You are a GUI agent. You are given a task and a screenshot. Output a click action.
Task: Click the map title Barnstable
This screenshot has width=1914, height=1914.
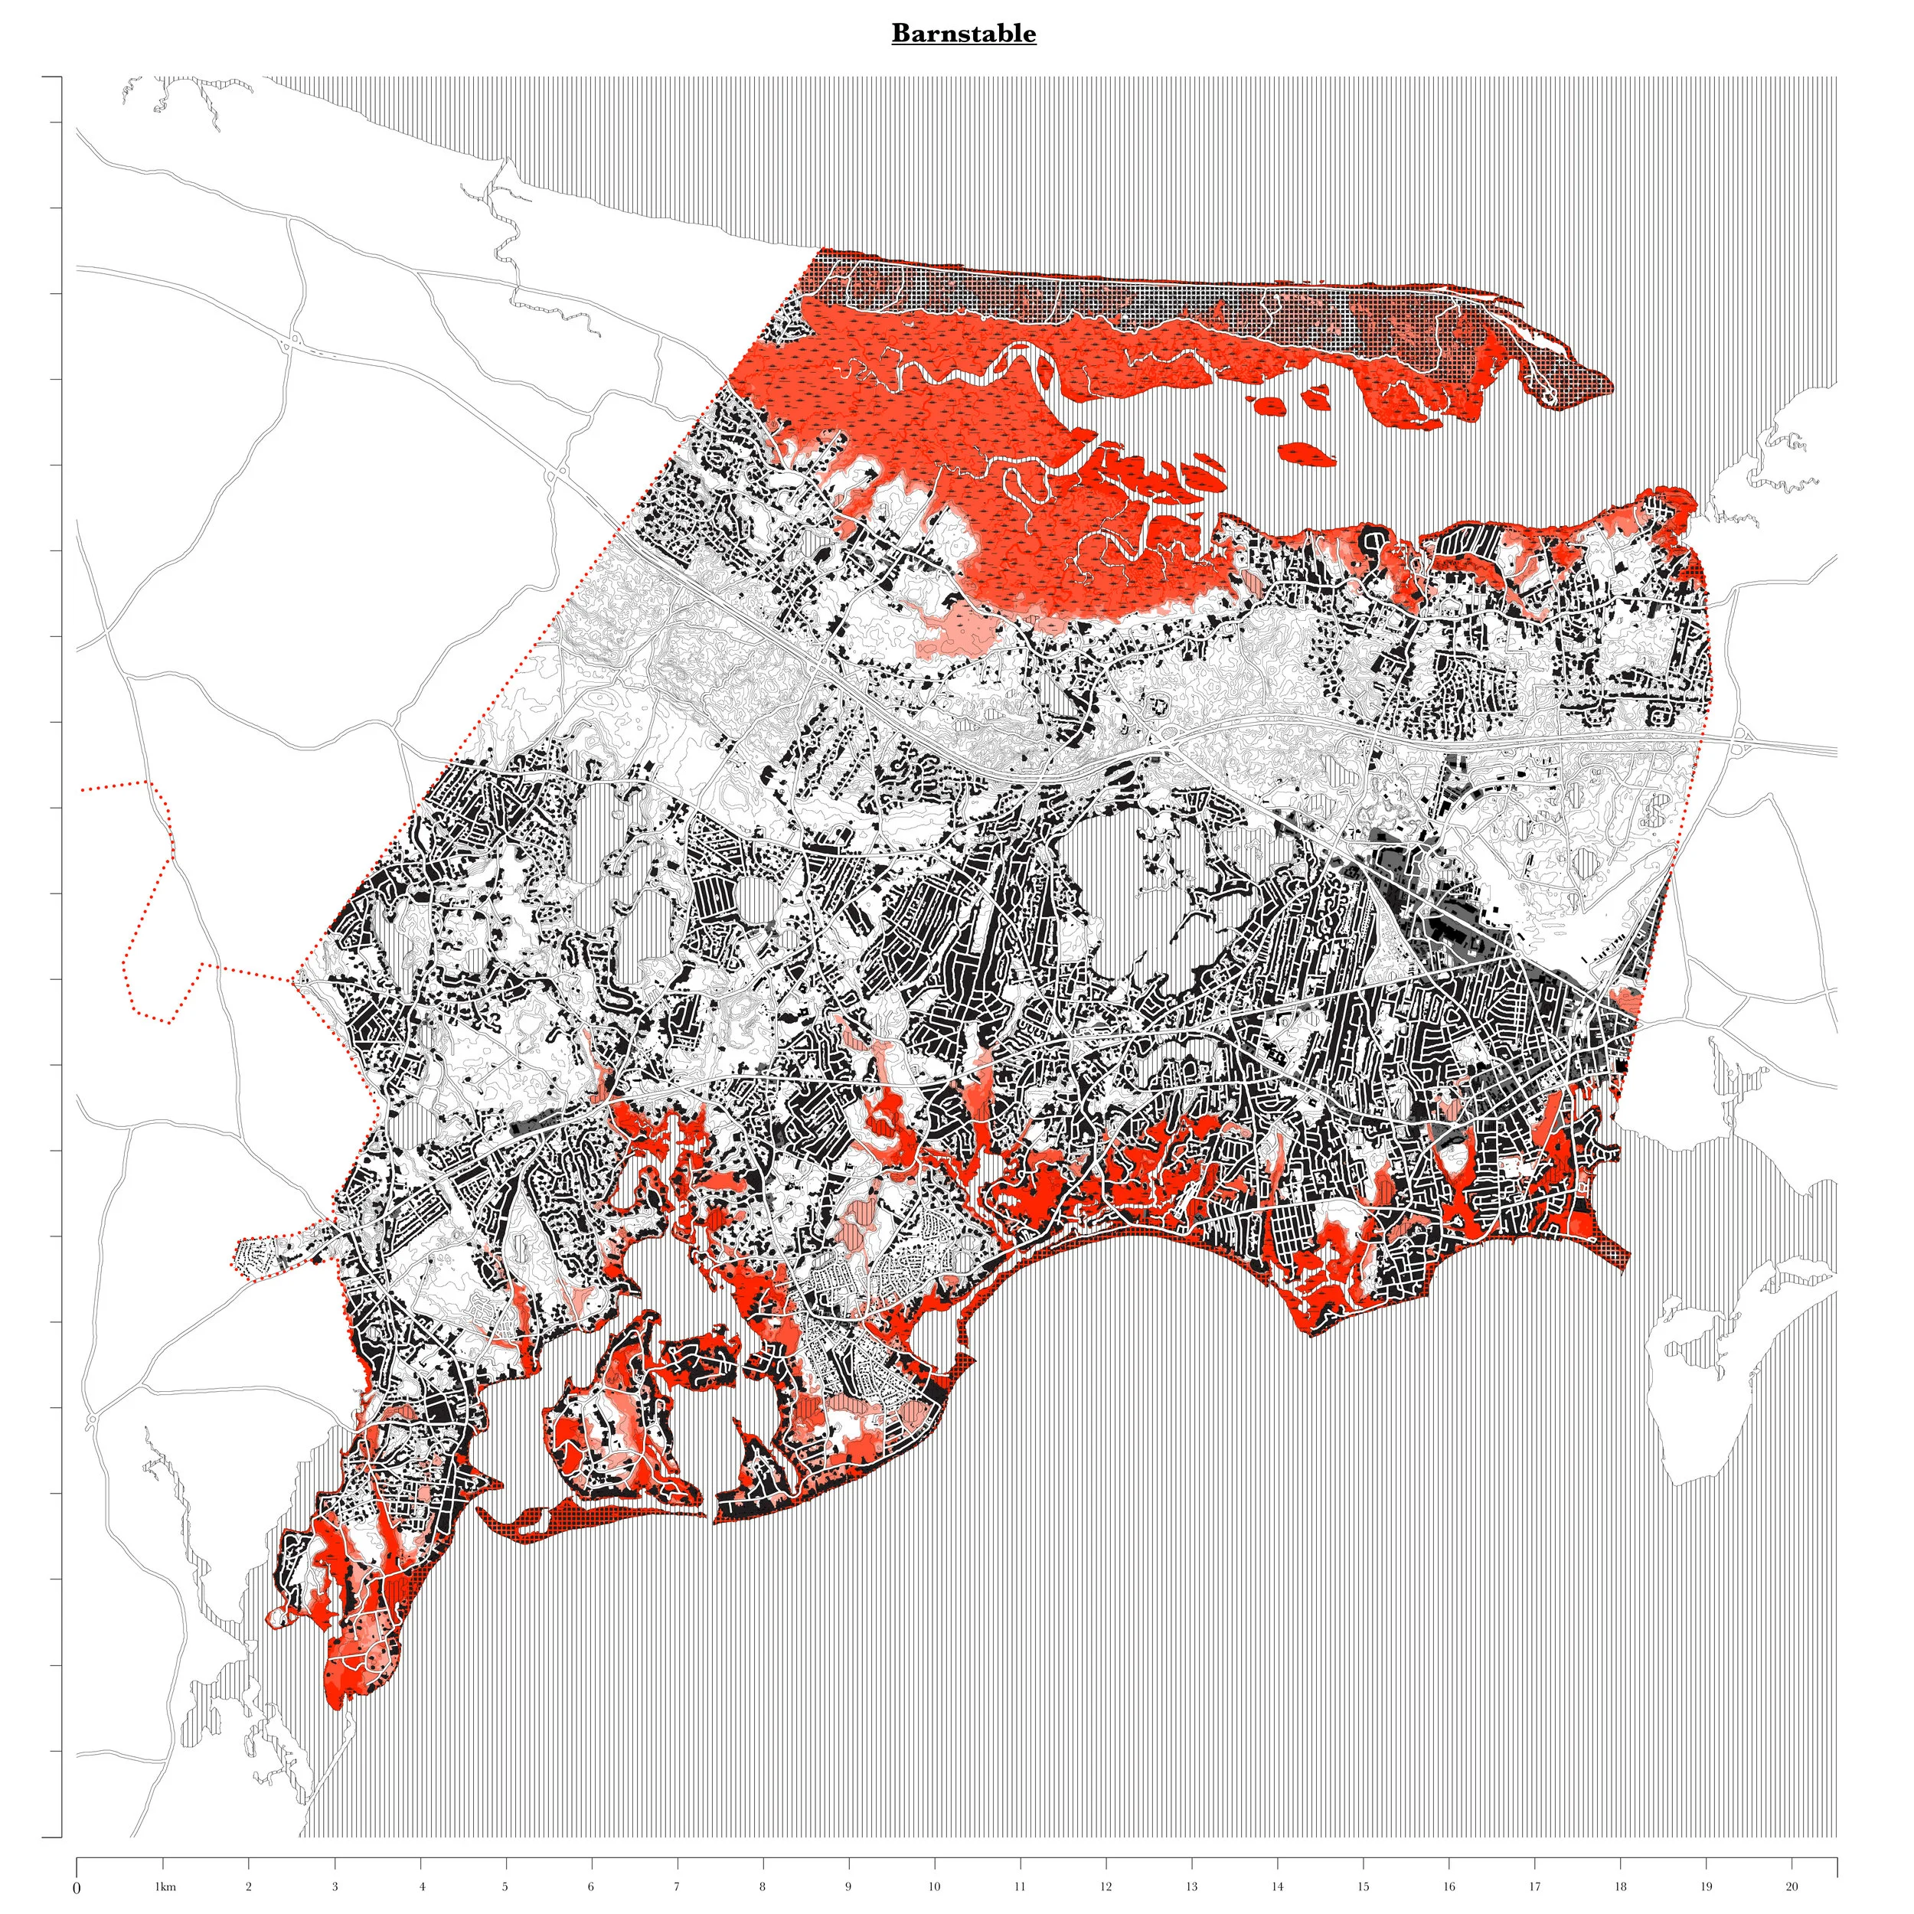(963, 34)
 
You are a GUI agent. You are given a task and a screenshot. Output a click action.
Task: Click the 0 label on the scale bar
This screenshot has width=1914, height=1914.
(77, 1888)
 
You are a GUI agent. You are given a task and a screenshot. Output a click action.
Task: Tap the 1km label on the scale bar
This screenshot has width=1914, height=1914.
(165, 1886)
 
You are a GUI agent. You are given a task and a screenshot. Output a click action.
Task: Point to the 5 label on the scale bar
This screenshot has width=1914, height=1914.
(505, 1886)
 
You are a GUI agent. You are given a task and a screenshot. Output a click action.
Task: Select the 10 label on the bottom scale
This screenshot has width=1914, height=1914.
(933, 1886)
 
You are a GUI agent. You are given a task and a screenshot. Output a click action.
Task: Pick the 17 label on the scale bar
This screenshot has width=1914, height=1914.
(1533, 1886)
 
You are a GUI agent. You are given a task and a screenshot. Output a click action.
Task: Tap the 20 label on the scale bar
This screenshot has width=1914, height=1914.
(1792, 1886)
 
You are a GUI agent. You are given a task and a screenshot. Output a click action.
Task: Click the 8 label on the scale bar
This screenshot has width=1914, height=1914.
(762, 1886)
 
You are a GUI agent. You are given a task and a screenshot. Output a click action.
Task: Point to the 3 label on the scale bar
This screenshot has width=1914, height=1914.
(335, 1886)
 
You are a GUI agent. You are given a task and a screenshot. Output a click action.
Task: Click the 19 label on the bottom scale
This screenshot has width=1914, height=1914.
(1706, 1886)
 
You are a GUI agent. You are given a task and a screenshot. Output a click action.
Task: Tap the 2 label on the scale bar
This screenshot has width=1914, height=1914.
(249, 1886)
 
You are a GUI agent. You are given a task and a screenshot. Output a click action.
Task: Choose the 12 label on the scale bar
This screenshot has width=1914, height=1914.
(1106, 1886)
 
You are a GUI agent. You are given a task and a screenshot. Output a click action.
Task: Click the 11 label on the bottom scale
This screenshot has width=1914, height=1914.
(1020, 1886)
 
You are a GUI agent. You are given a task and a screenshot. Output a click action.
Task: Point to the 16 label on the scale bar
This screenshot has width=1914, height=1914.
(1449, 1886)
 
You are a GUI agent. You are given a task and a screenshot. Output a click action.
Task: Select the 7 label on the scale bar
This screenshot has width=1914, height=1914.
(677, 1886)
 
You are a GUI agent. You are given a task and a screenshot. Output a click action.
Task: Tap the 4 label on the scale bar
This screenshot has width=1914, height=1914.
(421, 1886)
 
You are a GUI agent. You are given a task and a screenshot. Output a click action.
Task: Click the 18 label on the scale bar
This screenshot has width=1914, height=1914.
(1620, 1886)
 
